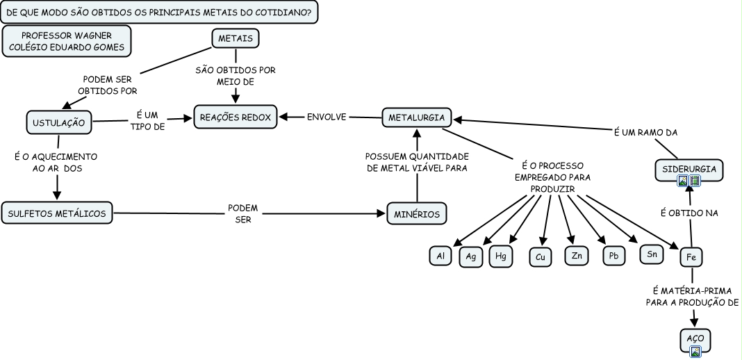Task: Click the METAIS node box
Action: (x=235, y=38)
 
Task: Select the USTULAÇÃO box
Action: (x=59, y=123)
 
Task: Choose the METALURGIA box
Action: (x=416, y=117)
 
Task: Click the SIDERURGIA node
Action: (x=689, y=169)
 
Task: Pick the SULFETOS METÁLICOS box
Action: (x=57, y=213)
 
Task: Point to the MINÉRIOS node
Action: (x=416, y=214)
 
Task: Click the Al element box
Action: (x=440, y=256)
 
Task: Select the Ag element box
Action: (x=471, y=256)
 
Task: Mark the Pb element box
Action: (x=613, y=256)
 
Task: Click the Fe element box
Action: (x=691, y=257)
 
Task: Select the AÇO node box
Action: (x=695, y=338)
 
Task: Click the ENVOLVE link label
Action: (x=327, y=117)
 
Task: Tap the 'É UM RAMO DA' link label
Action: (x=646, y=132)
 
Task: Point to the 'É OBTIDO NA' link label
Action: (x=688, y=213)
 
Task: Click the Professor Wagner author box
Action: (x=67, y=42)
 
